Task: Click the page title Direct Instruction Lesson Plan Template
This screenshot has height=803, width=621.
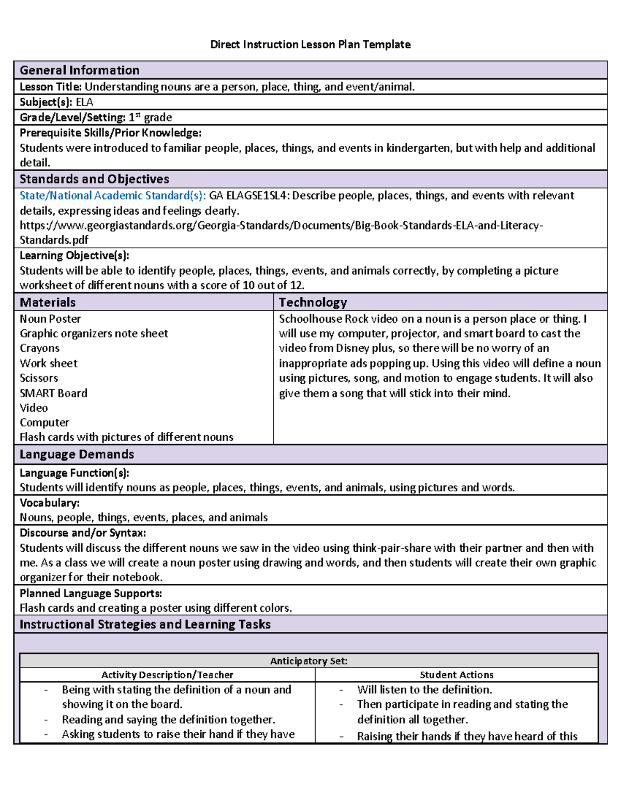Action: [310, 44]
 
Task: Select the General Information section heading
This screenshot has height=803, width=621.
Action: [79, 70]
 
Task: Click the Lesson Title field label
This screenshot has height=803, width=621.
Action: [50, 87]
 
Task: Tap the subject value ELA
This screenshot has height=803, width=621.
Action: [84, 102]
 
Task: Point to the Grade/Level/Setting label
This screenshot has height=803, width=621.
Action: [72, 117]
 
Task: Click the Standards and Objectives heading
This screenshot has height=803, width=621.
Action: [94, 179]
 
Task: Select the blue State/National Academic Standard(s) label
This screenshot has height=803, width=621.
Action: [112, 195]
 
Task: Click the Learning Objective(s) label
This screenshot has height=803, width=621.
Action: [74, 255]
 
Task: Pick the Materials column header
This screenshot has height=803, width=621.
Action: [48, 302]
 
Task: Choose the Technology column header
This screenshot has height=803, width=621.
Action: [313, 302]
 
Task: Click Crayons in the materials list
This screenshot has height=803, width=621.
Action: [39, 348]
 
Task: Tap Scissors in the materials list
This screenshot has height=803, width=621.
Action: [39, 378]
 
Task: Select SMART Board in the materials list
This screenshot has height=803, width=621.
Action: [53, 393]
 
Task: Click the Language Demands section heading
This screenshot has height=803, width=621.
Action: [77, 454]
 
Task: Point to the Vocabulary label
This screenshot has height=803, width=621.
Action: [49, 503]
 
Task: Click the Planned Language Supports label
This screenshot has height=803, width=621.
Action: [91, 593]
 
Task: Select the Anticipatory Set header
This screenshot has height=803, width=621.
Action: [308, 661]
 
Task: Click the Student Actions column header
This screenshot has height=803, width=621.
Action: [456, 675]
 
